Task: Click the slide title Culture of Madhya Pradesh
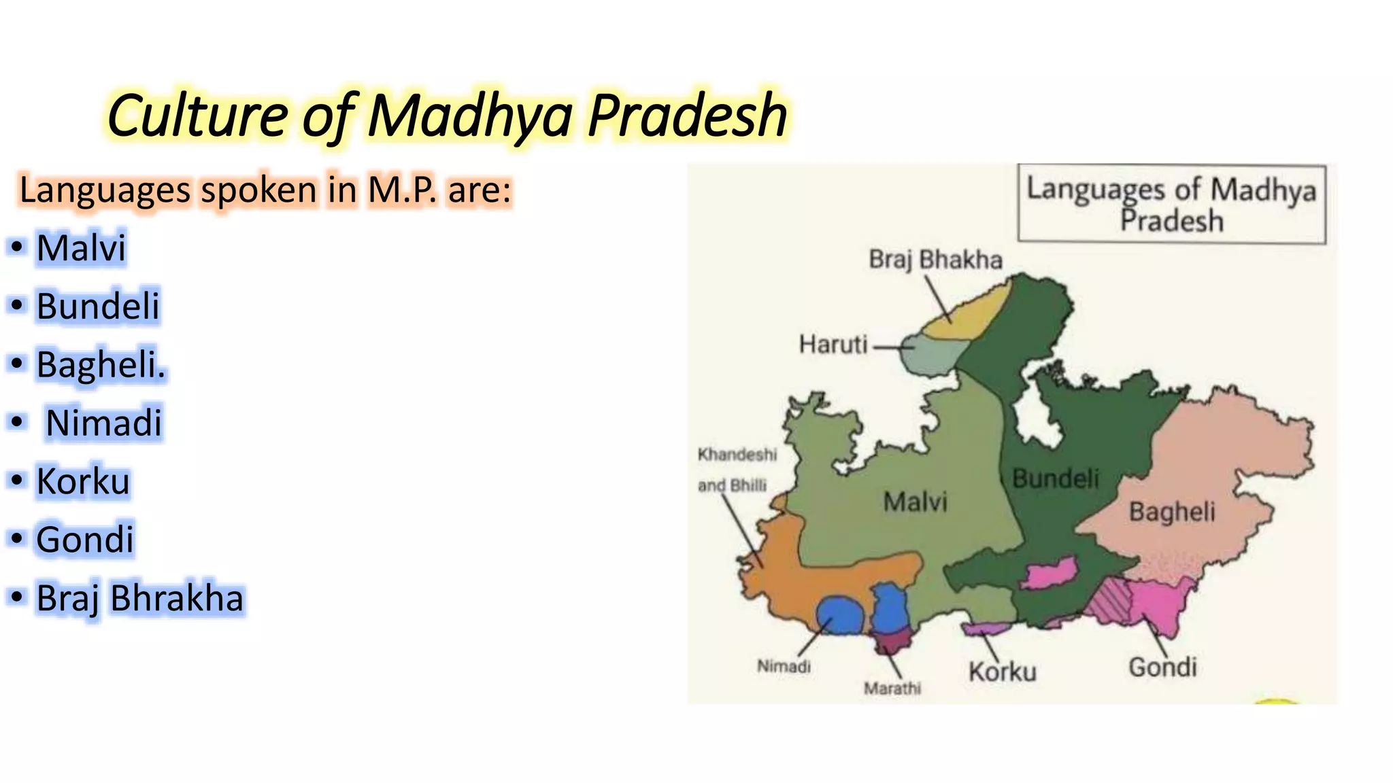point(447,116)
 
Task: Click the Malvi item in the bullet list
point(81,247)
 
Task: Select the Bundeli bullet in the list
point(97,306)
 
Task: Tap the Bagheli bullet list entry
point(101,364)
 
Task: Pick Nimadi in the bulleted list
point(103,423)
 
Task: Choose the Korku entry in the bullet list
point(82,481)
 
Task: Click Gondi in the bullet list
point(85,540)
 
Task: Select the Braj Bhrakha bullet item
point(139,598)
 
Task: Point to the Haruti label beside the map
point(833,345)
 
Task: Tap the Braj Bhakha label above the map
point(935,260)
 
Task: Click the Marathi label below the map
point(892,689)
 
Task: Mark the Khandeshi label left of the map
point(737,455)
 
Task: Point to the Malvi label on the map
point(915,502)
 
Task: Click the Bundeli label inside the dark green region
point(1056,479)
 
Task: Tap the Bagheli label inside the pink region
point(1172,512)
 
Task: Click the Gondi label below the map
point(1162,667)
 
